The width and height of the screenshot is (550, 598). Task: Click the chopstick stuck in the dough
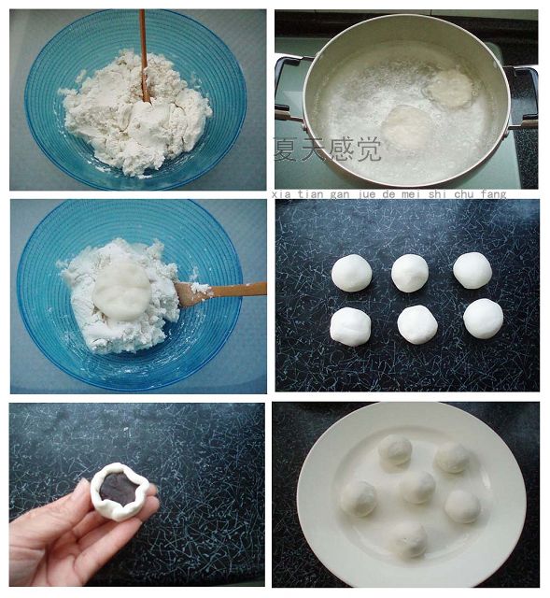point(143,56)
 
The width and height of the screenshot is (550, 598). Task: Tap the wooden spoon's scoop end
point(188,293)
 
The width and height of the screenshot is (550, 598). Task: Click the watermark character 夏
point(286,149)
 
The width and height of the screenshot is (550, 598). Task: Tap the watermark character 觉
point(368,149)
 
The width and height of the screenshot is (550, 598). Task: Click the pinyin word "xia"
point(282,194)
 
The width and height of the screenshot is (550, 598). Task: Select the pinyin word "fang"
point(493,194)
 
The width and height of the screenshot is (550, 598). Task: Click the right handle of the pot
point(522,97)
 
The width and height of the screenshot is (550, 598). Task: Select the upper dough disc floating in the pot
point(449,89)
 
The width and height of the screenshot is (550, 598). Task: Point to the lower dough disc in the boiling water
point(407,127)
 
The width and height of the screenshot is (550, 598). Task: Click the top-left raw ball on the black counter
point(351,273)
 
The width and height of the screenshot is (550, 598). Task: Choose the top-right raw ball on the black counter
point(472,270)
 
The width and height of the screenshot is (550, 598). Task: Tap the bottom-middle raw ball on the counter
point(417,324)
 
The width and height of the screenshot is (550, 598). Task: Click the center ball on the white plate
point(417,487)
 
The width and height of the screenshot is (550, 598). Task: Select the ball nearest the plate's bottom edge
point(409,540)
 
